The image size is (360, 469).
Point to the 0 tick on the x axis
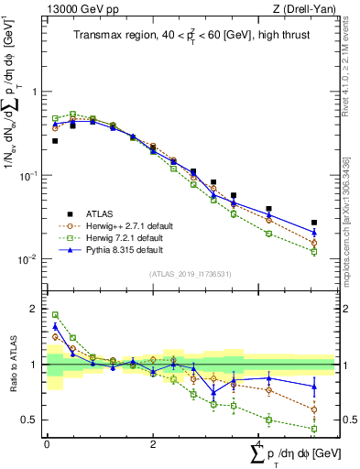46,444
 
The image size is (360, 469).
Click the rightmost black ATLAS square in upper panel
314,223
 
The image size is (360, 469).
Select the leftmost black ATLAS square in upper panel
55,141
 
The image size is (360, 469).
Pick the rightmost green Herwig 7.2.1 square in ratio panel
314,429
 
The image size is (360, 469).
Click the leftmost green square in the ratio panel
55,315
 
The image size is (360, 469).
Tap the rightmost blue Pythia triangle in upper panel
314,233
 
